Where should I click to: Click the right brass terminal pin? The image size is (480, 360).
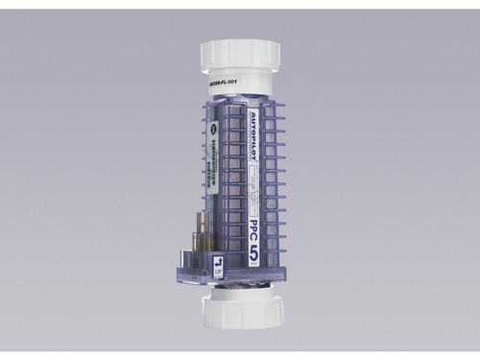coord(205,236)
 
